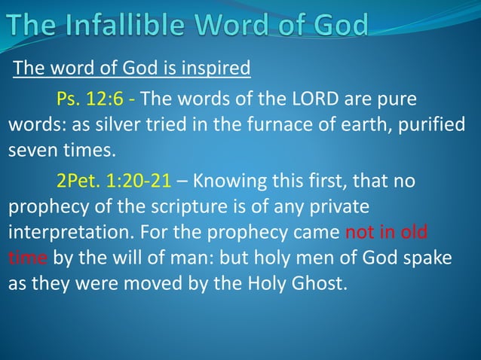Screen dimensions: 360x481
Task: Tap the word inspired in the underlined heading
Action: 218,69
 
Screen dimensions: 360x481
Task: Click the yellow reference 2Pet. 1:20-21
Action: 115,182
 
